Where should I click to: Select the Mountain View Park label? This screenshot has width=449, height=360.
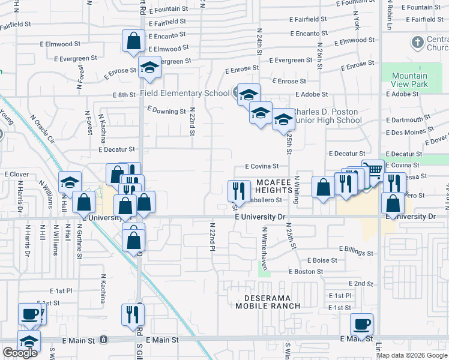[x=409, y=80]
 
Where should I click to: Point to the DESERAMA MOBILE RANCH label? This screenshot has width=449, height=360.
[x=267, y=302]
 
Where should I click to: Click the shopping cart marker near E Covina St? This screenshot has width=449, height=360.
[x=373, y=170]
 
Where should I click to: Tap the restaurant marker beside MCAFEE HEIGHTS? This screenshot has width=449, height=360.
[x=238, y=190]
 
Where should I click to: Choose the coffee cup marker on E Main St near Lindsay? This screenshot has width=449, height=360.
[x=361, y=325]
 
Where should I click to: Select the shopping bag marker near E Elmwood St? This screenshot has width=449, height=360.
[x=133, y=41]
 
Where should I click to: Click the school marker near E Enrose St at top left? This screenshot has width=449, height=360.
[x=149, y=68]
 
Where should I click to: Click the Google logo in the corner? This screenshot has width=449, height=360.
[x=20, y=353]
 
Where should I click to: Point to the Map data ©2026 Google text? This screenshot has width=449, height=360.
[x=412, y=355]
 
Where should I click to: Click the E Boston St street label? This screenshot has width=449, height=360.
[x=306, y=271]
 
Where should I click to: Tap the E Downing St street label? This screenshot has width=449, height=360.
[x=166, y=111]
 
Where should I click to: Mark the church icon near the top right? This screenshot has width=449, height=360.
[x=418, y=43]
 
